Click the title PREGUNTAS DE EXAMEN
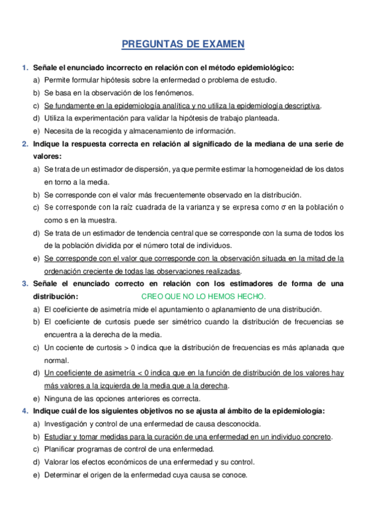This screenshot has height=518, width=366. pyautogui.click(x=183, y=44)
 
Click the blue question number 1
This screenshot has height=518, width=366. pyautogui.click(x=24, y=67)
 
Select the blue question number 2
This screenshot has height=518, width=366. pyautogui.click(x=24, y=144)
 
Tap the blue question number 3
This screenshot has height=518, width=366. pyautogui.click(x=24, y=284)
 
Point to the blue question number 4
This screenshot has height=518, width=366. pyautogui.click(x=24, y=411)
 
